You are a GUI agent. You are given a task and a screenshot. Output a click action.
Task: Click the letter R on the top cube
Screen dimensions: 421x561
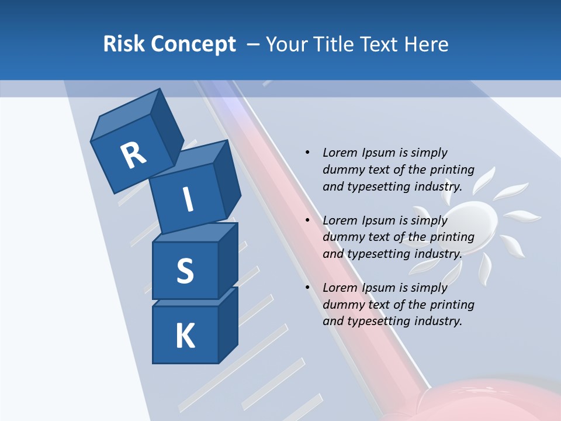tap(133, 156)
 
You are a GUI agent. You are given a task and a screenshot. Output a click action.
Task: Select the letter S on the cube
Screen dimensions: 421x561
tap(185, 271)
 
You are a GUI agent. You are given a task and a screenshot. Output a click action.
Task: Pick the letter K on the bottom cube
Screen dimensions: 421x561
tap(185, 336)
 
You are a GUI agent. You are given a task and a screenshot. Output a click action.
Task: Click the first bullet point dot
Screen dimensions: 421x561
tap(307, 153)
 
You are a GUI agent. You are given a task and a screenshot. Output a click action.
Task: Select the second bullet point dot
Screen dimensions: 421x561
tap(307, 220)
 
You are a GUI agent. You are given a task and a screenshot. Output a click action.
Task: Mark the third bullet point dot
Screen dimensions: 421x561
tap(307, 288)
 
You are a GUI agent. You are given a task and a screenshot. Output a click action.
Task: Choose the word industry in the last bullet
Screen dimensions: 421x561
tap(438, 321)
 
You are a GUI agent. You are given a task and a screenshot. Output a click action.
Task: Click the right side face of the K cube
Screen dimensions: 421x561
tap(228, 325)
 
